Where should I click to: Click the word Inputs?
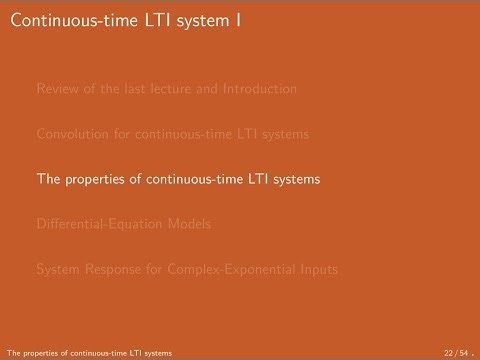[x=316, y=269]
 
